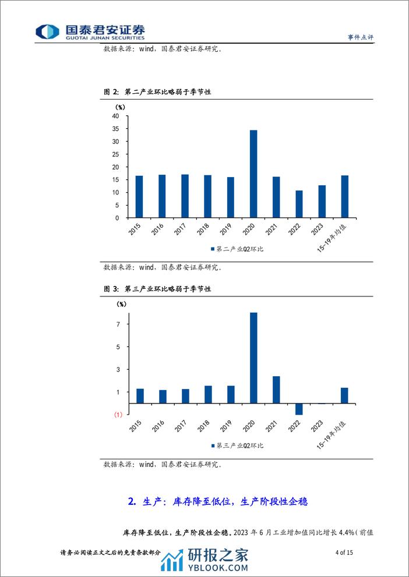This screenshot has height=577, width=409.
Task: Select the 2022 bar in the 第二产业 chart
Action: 299,204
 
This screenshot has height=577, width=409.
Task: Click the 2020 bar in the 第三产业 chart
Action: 253,358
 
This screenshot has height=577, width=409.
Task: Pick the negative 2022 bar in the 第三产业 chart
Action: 299,409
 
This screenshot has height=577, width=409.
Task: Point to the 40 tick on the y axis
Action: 115,116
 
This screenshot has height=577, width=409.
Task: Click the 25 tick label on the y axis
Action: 115,154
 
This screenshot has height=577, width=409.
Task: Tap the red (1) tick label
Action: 118,415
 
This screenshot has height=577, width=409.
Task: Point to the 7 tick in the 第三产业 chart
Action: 118,324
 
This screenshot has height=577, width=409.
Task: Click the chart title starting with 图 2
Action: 157,92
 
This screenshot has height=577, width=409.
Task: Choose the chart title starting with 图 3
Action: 157,289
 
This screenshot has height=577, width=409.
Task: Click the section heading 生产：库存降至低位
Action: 217,501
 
